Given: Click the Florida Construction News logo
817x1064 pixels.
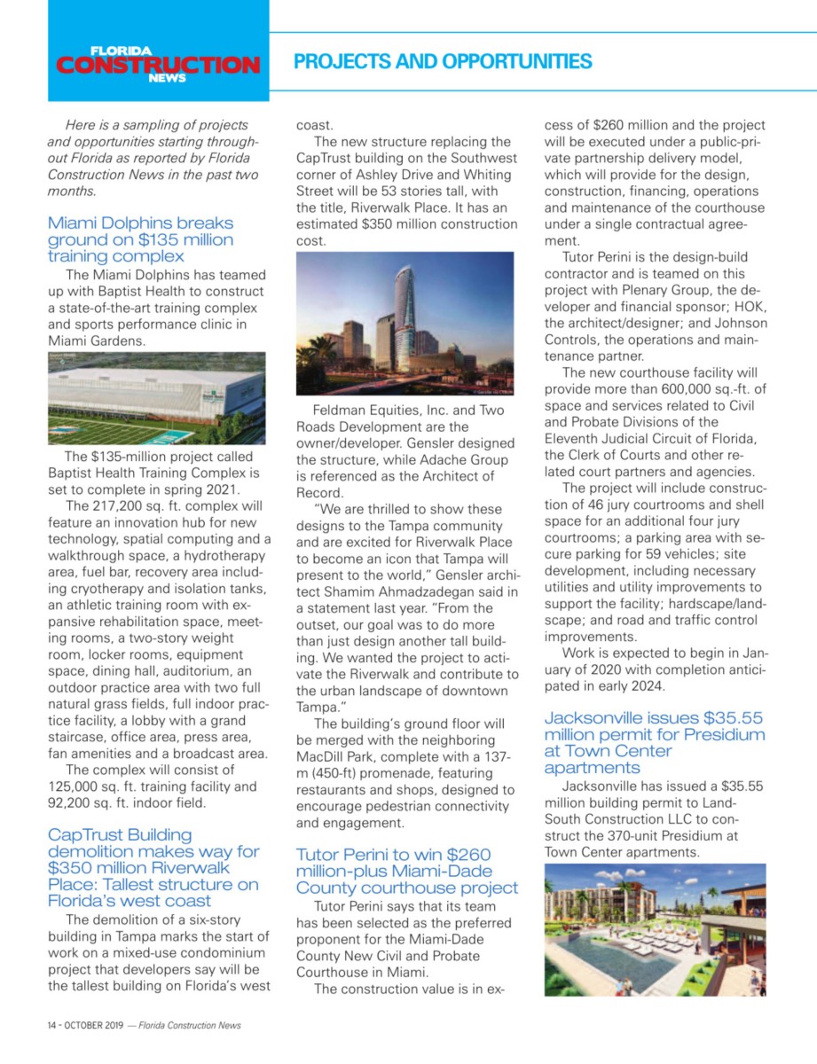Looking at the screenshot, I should [x=158, y=64].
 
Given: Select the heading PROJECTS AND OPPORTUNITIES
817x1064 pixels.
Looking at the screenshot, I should [x=443, y=61].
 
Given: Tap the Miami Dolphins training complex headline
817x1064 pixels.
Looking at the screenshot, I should [x=140, y=239].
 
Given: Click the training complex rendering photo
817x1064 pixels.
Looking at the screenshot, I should [x=156, y=397].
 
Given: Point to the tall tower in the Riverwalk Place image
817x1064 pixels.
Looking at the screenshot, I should [x=405, y=301].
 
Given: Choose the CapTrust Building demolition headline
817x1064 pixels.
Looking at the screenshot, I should [x=153, y=867].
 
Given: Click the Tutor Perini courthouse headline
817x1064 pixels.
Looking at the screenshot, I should [x=406, y=871].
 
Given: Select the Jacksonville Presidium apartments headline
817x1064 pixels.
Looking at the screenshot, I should [x=654, y=742].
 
